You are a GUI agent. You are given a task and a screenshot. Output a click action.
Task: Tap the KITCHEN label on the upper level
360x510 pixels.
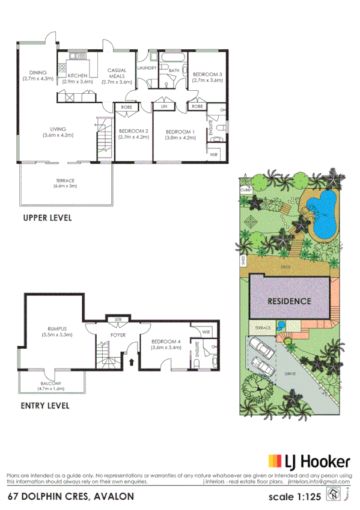click(x=78, y=75)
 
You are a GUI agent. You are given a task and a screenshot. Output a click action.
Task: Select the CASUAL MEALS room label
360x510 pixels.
click(x=117, y=70)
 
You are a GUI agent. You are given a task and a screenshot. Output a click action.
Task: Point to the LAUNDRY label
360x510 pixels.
click(x=147, y=69)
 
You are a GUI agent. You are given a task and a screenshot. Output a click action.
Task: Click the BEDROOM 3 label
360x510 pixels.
click(x=207, y=75)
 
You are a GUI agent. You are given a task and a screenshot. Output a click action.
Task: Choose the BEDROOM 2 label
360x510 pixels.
click(x=133, y=131)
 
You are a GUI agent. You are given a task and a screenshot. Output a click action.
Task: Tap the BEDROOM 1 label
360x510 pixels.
click(x=180, y=131)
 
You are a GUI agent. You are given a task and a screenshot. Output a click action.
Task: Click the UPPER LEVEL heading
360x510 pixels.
click(x=47, y=218)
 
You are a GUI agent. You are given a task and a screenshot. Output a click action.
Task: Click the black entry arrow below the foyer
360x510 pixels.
click(x=132, y=362)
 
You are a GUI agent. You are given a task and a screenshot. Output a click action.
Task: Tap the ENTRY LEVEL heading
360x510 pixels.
click(x=45, y=405)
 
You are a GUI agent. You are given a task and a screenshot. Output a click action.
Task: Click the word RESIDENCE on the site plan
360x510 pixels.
click(x=289, y=301)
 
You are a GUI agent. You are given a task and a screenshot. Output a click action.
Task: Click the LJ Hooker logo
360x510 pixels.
click(x=309, y=462)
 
